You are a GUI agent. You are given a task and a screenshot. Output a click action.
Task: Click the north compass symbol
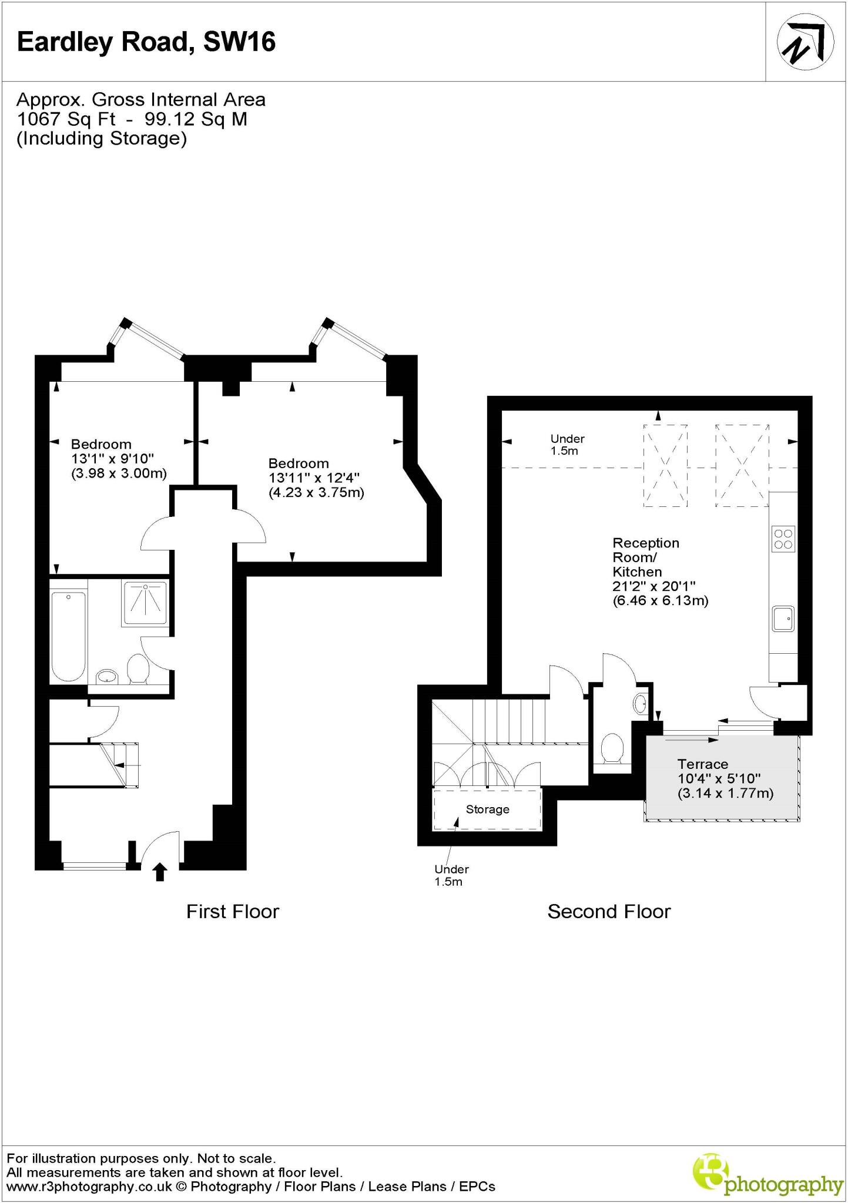(805, 42)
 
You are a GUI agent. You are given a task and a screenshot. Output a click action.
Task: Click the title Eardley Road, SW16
(146, 42)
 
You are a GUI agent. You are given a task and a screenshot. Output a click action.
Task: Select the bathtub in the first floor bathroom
(69, 637)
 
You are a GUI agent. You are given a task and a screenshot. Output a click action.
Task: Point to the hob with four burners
(783, 539)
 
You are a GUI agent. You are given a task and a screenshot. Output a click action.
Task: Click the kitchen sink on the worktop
(783, 619)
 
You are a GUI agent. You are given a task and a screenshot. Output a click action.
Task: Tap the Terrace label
(702, 764)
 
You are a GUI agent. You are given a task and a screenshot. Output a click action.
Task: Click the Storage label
(487, 809)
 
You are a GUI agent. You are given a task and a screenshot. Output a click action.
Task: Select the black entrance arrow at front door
(160, 872)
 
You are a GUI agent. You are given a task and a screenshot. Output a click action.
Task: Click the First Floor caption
(232, 911)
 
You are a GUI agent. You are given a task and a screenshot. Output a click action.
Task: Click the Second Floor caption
(609, 911)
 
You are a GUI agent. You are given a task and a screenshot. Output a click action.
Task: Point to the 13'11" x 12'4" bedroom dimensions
(314, 478)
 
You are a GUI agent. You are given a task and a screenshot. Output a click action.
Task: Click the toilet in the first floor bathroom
(138, 669)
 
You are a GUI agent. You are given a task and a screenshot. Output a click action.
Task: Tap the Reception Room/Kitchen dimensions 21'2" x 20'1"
(654, 586)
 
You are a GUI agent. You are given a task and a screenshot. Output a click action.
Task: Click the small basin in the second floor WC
(641, 703)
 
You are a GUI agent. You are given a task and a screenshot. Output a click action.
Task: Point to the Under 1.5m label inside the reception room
(567, 445)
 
